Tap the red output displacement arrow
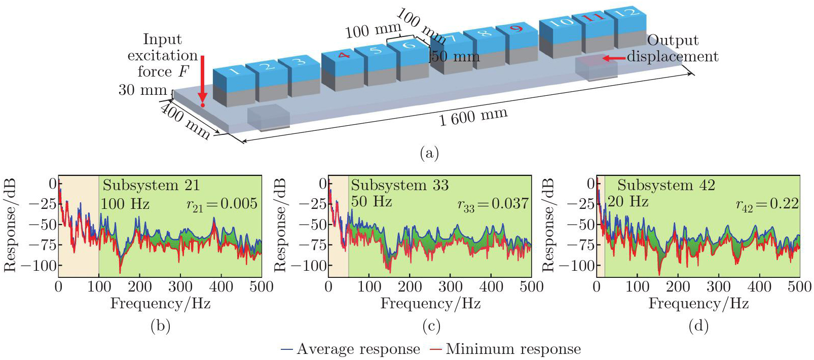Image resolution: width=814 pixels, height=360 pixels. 614,58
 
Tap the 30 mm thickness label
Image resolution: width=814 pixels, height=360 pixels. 142,90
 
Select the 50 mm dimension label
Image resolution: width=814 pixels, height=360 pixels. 456,56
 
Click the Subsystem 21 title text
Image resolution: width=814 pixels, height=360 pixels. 151,185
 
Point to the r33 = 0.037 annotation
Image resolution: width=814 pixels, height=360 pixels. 493,204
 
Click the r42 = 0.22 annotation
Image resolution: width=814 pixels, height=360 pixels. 767,204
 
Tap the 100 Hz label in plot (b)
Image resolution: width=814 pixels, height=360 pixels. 125,204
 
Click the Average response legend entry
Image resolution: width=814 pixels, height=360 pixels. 351,349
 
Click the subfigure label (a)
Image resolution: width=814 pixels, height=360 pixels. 429,153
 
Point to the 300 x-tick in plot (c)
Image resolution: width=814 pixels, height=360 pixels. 450,287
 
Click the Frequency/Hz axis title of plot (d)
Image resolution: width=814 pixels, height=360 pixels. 698,303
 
